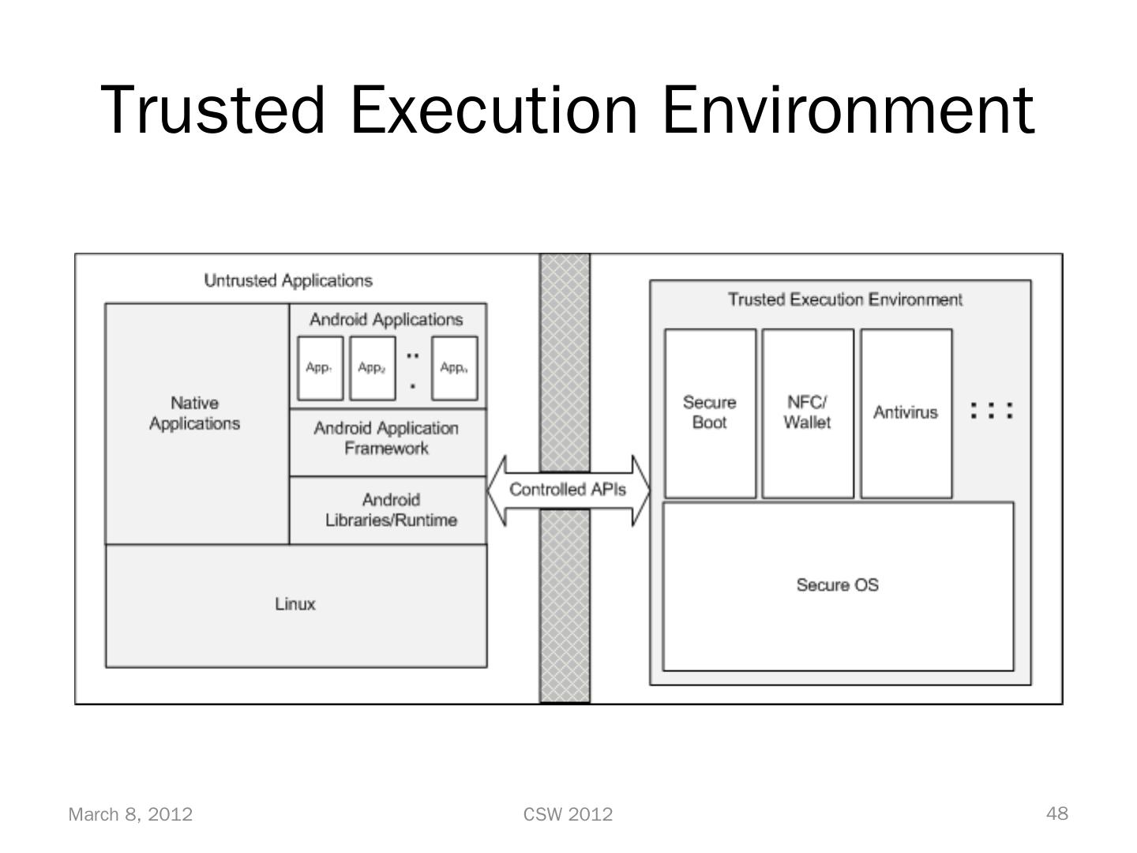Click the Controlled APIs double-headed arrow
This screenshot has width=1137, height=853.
(x=568, y=490)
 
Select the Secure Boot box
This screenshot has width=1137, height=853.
(x=710, y=413)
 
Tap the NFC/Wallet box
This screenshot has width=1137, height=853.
(x=807, y=413)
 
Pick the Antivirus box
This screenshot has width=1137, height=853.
(x=906, y=413)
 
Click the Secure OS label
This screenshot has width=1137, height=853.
(x=837, y=585)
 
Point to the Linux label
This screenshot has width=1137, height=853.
(x=295, y=604)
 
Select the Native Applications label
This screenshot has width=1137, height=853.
(x=194, y=413)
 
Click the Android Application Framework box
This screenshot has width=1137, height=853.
(x=387, y=439)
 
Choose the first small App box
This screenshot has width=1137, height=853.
(x=320, y=368)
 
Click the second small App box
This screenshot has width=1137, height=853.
(x=372, y=368)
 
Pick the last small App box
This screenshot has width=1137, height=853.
(x=455, y=368)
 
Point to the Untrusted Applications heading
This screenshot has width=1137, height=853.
(x=288, y=280)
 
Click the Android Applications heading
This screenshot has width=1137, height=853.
(x=386, y=320)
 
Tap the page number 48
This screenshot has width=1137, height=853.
(x=1057, y=814)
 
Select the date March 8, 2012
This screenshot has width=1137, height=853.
(x=130, y=814)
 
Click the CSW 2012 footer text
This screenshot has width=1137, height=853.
(x=568, y=814)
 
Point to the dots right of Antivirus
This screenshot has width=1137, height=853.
(x=991, y=411)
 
